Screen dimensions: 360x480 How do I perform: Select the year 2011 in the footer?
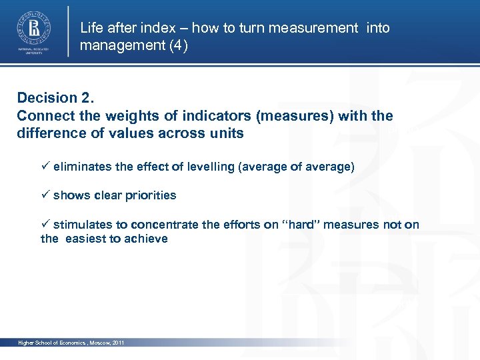tap(118, 343)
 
